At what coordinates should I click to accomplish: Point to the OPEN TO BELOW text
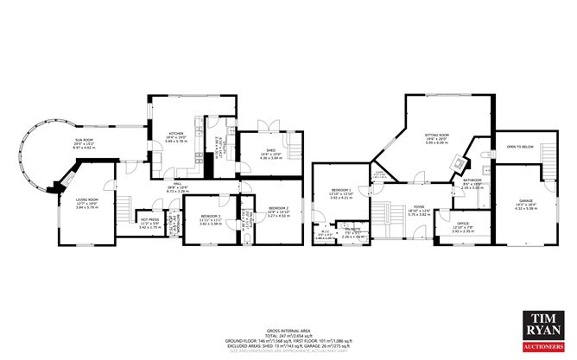pos(521,147)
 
